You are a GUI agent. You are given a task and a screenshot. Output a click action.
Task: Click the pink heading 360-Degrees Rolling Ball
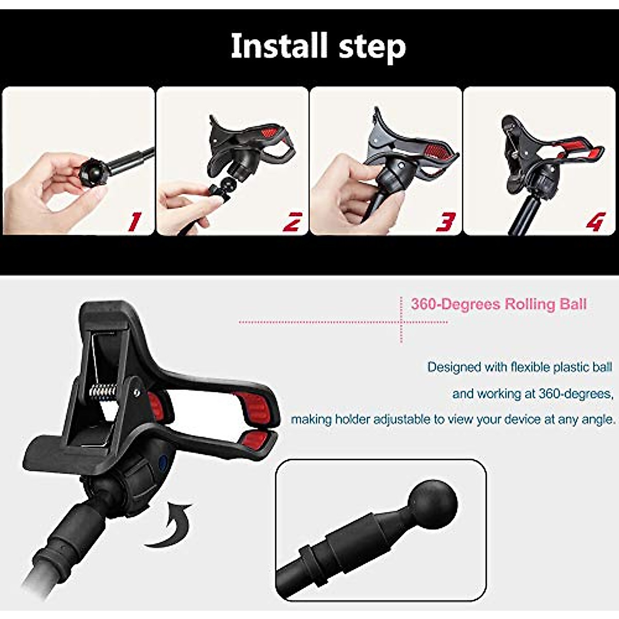[x=499, y=304]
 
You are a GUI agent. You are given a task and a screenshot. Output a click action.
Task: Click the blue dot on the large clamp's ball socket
[x=164, y=462]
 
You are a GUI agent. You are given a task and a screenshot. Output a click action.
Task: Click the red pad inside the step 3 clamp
[x=438, y=151]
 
